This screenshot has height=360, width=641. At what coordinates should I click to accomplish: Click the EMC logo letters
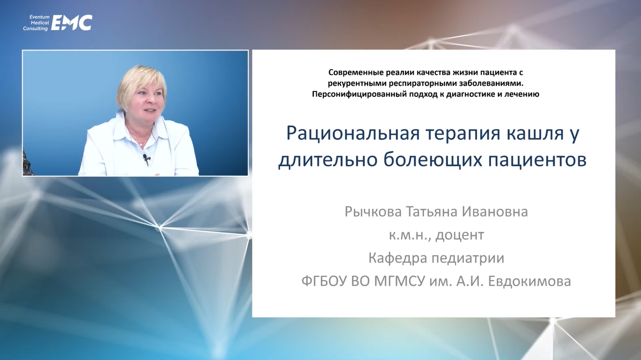click(72, 23)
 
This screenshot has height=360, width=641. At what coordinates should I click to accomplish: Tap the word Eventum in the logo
click(40, 17)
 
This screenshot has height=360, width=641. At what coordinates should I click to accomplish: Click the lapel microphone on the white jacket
click(146, 158)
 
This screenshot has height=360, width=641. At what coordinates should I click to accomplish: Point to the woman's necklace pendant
click(141, 145)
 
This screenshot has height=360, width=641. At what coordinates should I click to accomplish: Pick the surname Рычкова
click(373, 212)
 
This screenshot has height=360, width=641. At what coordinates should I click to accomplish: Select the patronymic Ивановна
click(495, 212)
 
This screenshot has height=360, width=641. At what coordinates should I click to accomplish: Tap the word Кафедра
click(397, 258)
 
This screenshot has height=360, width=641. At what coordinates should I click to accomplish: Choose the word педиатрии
click(468, 259)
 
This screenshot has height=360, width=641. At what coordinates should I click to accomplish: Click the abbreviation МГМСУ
click(399, 281)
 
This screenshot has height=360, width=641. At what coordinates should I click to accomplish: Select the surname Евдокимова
click(530, 282)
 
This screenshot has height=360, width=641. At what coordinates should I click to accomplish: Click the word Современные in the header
click(356, 73)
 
